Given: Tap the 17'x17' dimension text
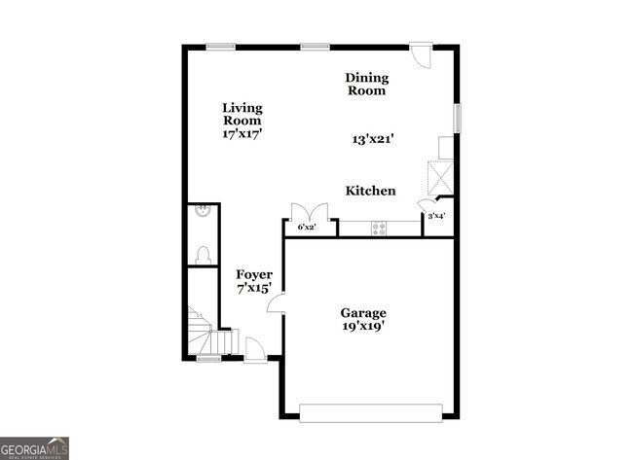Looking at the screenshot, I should [242, 134].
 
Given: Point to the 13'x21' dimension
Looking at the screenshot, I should [373, 139].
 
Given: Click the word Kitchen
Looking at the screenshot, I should [370, 191].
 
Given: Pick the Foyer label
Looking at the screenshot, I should [254, 275].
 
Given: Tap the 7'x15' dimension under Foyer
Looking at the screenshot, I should [254, 289].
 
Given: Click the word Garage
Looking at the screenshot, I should [363, 313].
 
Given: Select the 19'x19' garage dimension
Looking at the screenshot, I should [363, 327].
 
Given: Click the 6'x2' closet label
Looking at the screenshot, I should [307, 228].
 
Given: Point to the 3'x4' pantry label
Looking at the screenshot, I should [436, 216].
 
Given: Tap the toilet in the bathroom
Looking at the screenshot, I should [204, 254].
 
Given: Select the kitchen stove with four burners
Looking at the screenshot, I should [378, 228].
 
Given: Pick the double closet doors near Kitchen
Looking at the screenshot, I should [305, 212].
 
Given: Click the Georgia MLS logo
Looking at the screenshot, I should [35, 447].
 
